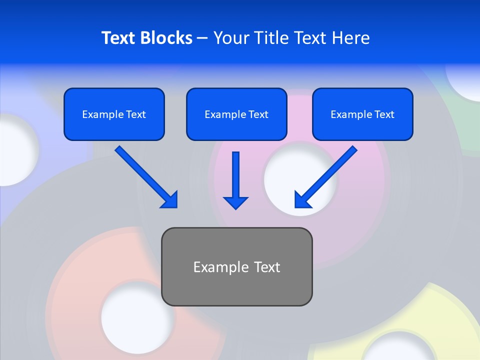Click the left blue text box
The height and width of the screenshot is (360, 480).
(x=114, y=114)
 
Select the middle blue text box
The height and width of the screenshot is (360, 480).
(x=236, y=114)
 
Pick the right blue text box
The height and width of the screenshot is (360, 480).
(x=362, y=114)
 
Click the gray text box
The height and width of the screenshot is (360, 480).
(x=236, y=266)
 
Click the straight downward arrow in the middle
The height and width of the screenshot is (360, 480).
(x=235, y=180)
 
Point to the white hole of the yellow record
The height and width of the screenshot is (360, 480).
(x=395, y=348)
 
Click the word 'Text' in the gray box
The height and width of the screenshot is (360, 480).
(x=267, y=267)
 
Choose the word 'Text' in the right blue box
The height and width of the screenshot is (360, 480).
(x=384, y=114)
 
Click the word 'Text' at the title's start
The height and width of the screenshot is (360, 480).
(x=119, y=38)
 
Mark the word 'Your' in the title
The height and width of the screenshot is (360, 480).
(x=229, y=38)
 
